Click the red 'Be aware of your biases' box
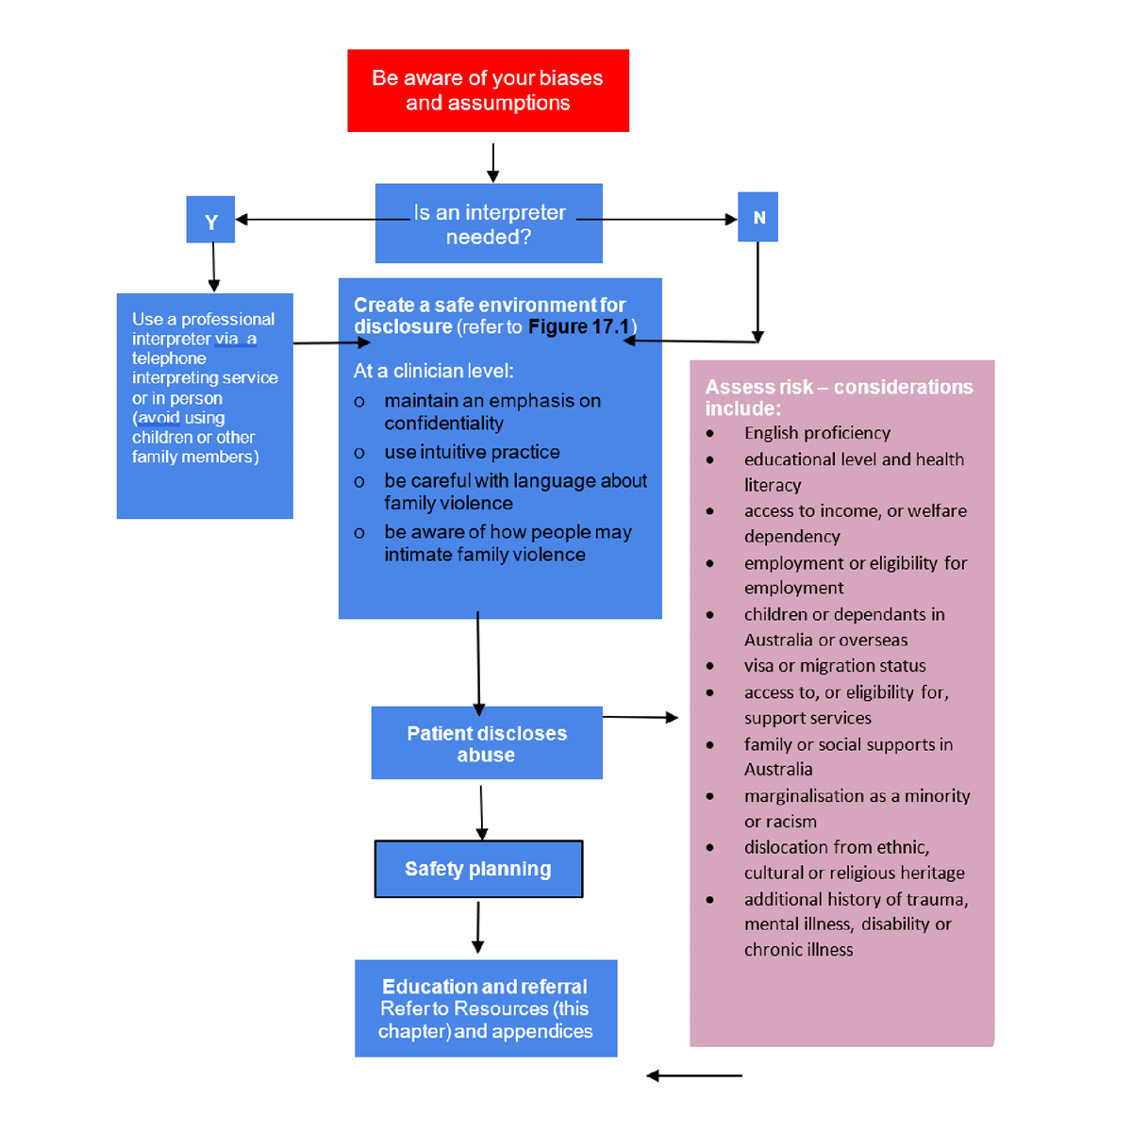(488, 91)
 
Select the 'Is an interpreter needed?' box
(489, 224)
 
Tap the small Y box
(210, 221)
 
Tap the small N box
(758, 217)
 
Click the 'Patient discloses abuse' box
(487, 743)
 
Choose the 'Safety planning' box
(478, 869)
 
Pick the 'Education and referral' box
(486, 1008)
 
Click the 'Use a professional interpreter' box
(205, 406)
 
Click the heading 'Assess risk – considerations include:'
(839, 397)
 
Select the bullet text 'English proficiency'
(817, 433)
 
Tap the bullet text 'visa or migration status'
(835, 666)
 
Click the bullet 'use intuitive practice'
(472, 453)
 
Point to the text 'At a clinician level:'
(433, 371)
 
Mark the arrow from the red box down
(492, 162)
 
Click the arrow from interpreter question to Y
(311, 220)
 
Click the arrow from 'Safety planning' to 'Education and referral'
(478, 927)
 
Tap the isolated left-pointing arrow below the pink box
(694, 1075)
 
